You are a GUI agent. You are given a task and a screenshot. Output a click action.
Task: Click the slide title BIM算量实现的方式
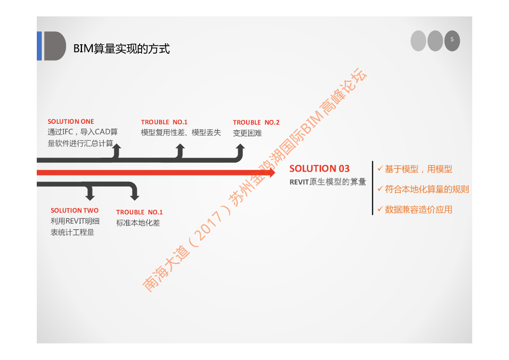click(x=121, y=49)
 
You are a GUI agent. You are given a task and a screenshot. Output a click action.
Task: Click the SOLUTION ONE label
click(x=71, y=121)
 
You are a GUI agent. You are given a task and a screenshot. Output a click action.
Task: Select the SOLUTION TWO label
click(x=75, y=210)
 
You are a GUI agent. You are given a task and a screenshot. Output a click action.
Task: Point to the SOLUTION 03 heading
click(x=320, y=169)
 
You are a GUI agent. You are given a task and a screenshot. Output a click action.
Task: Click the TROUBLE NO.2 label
click(x=256, y=122)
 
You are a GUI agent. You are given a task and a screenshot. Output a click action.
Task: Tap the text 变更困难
click(x=247, y=133)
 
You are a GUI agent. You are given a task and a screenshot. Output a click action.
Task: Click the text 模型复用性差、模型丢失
click(x=181, y=133)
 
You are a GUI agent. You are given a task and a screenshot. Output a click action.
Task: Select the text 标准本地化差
click(x=138, y=223)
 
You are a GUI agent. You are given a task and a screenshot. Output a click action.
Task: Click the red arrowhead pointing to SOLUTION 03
click(x=271, y=173)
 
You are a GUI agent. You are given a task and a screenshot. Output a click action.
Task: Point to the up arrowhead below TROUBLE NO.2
click(x=240, y=147)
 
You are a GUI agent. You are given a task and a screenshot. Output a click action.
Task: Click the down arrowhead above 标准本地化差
click(x=134, y=197)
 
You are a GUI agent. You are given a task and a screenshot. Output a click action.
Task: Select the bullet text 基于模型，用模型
click(x=419, y=169)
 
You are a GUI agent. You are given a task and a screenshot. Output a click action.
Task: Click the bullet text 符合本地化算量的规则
click(x=426, y=189)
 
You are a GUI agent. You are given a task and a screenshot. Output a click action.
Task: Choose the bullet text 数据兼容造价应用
click(x=419, y=209)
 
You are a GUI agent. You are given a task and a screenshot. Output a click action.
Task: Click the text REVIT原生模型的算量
click(x=328, y=182)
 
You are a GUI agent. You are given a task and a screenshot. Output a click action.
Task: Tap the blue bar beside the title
click(x=39, y=46)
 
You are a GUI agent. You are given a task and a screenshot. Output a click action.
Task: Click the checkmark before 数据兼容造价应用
click(x=380, y=209)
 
